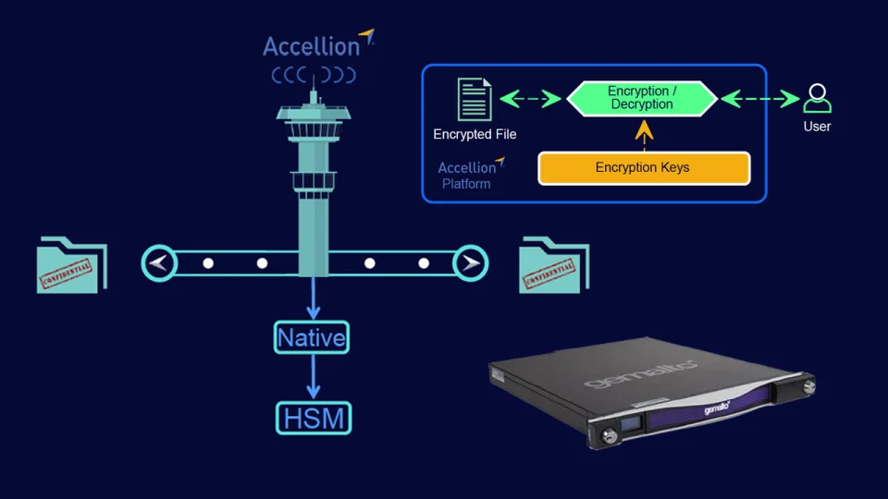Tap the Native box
tap(312, 337)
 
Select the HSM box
tap(314, 418)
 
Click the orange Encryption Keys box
tap(643, 168)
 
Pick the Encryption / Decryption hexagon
tap(642, 98)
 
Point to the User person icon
tap(817, 99)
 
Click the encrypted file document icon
tap(475, 100)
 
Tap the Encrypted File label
tap(475, 134)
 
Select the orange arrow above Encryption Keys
tap(644, 132)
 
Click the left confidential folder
tap(72, 265)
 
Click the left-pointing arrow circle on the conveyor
tap(159, 263)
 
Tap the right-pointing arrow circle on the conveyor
tap(470, 263)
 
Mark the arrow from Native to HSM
tap(314, 378)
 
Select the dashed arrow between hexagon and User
tap(759, 98)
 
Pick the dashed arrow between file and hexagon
tap(531, 98)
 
